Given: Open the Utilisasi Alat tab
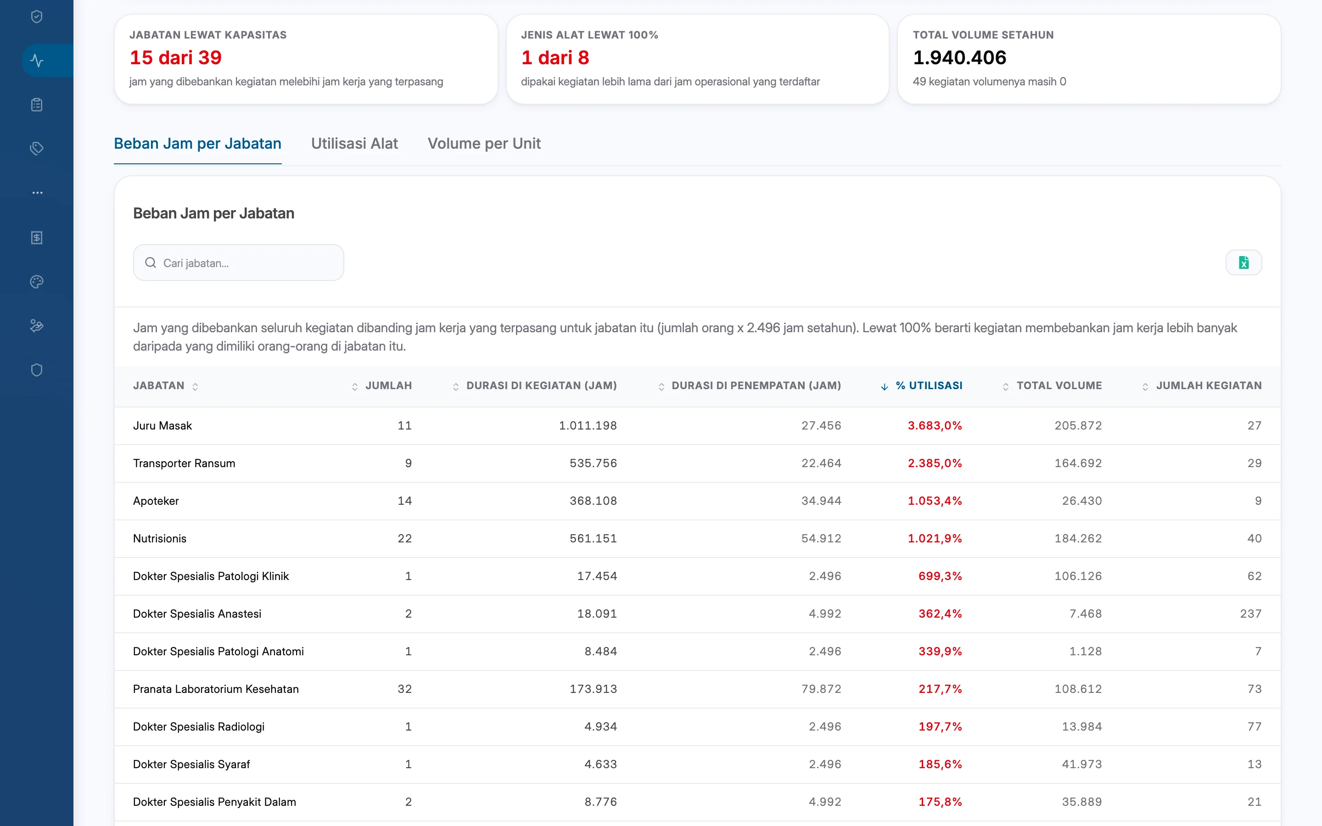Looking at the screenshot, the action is point(354,143).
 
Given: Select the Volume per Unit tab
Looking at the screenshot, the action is point(484,143).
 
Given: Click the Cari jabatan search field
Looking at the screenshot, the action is point(238,263).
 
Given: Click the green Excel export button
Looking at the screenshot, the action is point(1244,263).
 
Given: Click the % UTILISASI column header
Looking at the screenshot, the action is point(929,385).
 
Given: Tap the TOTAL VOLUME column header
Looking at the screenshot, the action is point(1059,385).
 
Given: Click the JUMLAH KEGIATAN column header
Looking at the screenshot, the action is point(1208,385).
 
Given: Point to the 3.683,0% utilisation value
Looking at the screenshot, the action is point(935,425).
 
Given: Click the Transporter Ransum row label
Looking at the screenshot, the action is point(184,463).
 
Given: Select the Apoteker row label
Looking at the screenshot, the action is point(156,501).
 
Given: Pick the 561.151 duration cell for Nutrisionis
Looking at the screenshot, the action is point(593,539).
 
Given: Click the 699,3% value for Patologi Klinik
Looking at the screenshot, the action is point(940,576).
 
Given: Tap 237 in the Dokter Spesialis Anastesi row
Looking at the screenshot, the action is point(1250,614).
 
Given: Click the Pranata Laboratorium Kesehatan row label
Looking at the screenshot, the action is point(216,689).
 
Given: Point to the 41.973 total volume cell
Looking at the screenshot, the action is point(1081,764).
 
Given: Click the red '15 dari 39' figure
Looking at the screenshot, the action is point(175,57).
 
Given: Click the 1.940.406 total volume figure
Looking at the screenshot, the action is point(959,57).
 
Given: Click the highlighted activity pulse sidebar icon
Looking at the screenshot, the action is point(37,61).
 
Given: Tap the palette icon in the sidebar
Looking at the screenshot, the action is point(37,282).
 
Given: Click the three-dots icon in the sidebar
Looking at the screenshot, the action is point(37,193).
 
